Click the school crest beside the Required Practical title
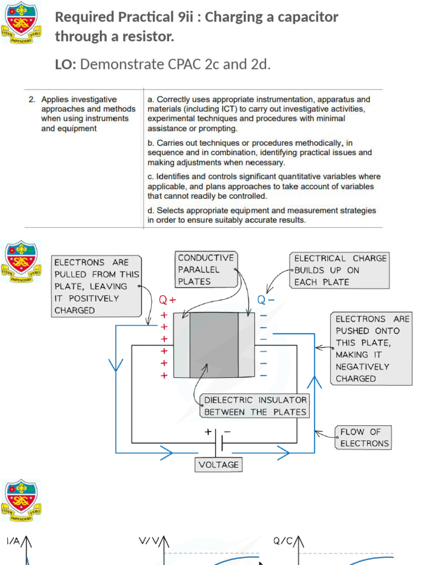point(21,23)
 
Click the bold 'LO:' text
point(66,65)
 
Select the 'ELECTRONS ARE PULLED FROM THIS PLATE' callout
point(96,286)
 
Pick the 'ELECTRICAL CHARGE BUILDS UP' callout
point(340,270)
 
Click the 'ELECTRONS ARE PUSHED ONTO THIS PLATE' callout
point(372,349)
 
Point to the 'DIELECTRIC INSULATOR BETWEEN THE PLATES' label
point(255,406)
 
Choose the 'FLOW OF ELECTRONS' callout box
point(364,438)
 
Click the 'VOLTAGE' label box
point(219,465)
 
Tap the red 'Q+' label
point(167,300)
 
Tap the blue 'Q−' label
point(266,300)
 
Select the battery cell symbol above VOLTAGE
point(220,441)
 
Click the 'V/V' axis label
point(149,542)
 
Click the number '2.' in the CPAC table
point(32,100)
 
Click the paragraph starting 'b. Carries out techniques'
point(259,153)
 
